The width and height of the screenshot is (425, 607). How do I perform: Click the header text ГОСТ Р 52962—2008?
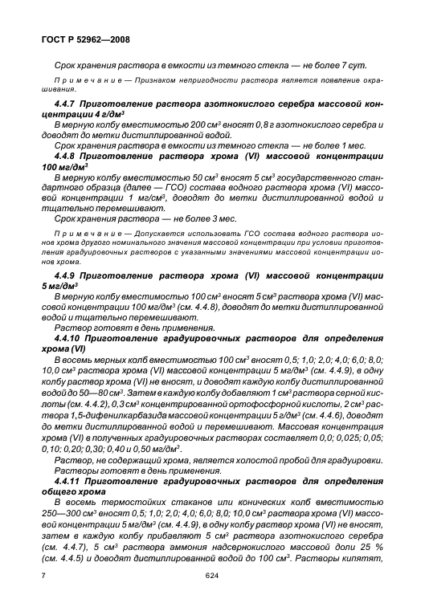tap(86, 38)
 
